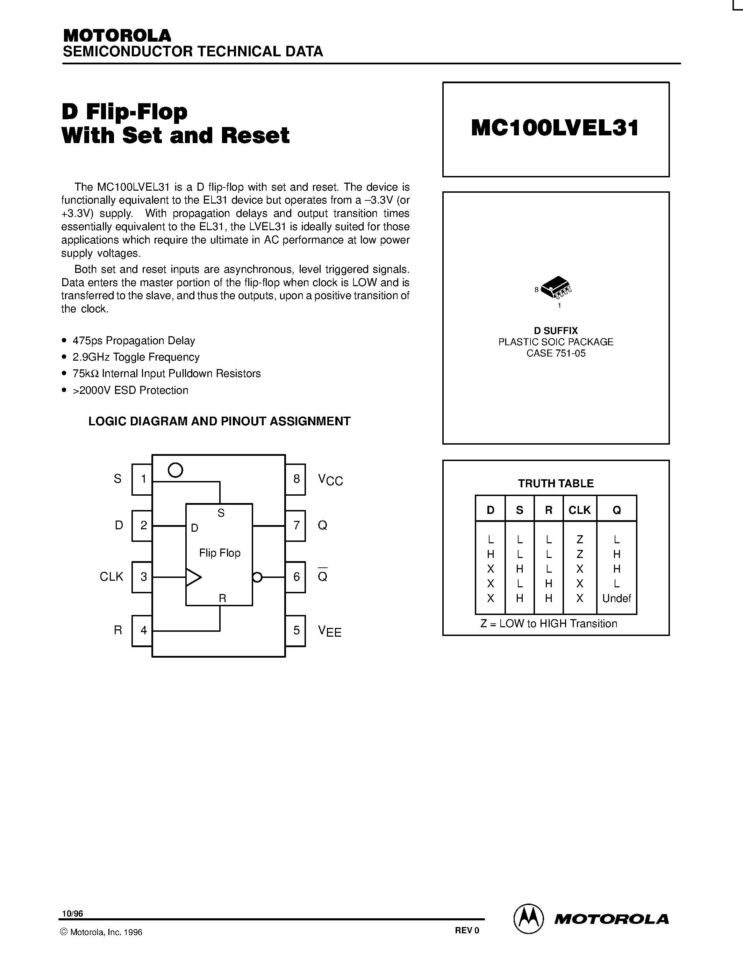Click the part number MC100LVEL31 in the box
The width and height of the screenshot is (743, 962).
[555, 128]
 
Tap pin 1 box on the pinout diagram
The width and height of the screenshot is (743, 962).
[142, 479]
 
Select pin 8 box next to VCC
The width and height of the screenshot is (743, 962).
[296, 479]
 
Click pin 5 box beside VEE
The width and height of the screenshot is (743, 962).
[296, 630]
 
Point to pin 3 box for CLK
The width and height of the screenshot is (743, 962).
[142, 577]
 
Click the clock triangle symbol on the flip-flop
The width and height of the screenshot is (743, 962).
[193, 577]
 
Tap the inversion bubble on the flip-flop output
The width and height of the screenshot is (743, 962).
[257, 577]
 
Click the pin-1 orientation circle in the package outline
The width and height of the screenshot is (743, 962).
[175, 470]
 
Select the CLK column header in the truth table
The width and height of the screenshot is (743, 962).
[579, 510]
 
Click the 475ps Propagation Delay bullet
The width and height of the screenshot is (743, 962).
[133, 340]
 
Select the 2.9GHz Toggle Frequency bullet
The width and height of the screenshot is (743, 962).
[136, 357]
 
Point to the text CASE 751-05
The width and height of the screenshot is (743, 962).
[556, 353]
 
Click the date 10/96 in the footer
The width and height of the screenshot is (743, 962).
[72, 913]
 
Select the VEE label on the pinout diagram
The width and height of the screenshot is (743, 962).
[330, 631]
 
